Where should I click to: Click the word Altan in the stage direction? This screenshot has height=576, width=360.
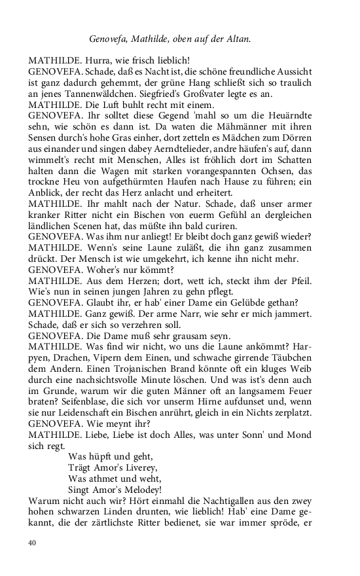coord(238,39)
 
